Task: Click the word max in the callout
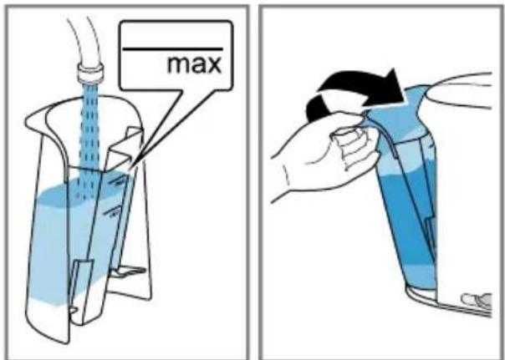pos(195,64)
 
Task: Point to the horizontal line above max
pos(172,49)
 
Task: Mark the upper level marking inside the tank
pos(117,181)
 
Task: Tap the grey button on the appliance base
pos(477,300)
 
